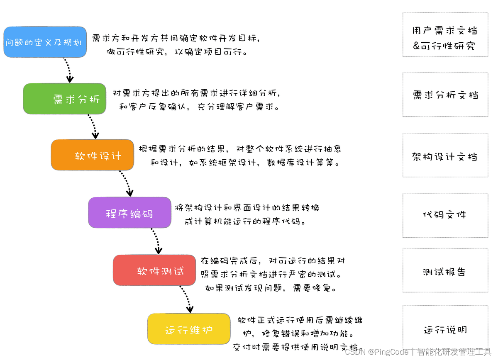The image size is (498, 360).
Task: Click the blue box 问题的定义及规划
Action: tap(45, 42)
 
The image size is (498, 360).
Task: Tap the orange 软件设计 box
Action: tap(92, 155)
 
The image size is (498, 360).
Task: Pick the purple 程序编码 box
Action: tap(129, 213)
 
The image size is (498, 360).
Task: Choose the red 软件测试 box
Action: tap(154, 270)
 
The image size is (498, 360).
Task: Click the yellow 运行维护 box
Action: tap(189, 329)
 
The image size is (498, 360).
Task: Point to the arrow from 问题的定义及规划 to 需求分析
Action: tap(67, 70)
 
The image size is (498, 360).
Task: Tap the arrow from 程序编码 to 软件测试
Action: tap(155, 241)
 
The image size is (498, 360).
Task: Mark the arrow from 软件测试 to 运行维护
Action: tap(186, 299)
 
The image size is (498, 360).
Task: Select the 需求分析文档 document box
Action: tap(445, 95)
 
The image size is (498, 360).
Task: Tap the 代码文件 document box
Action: tap(445, 215)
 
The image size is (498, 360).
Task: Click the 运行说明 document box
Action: tap(445, 329)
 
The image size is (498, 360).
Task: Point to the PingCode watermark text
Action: tap(418, 352)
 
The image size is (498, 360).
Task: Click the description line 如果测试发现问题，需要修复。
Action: tap(271, 287)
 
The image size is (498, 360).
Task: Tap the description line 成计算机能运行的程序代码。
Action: tap(246, 221)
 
